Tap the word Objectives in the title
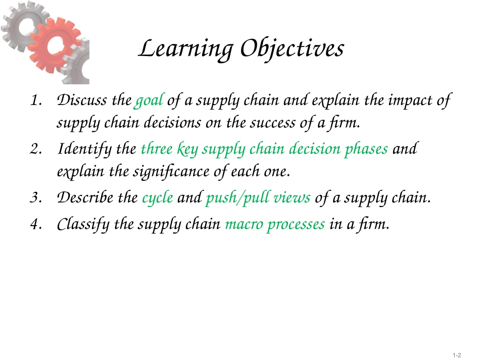coord(292,49)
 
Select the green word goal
coord(149,100)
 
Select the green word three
coord(157,149)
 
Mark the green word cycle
coord(158,198)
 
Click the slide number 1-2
coord(457,355)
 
